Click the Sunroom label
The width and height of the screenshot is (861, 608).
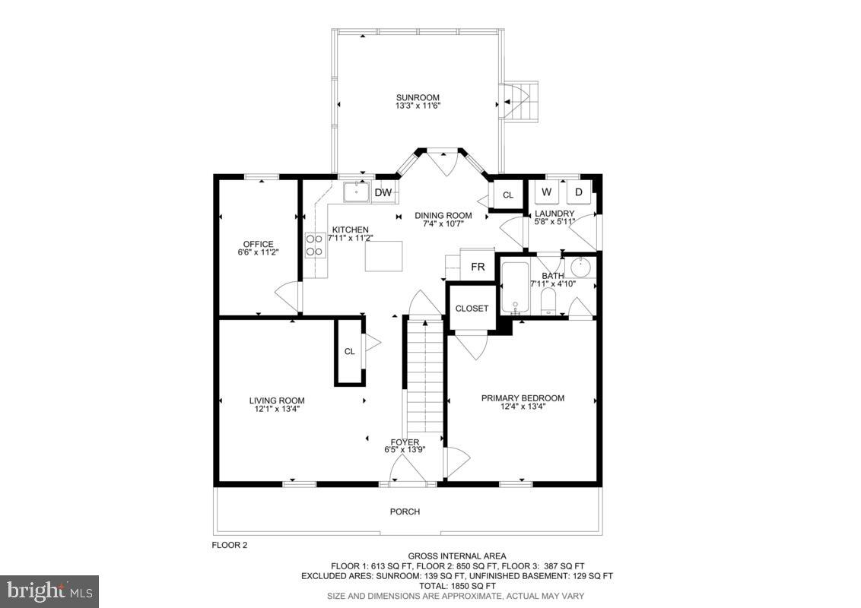pos(418,97)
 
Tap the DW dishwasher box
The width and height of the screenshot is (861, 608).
pos(383,193)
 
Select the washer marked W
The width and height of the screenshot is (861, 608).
pos(546,192)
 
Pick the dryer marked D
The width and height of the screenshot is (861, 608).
pos(578,192)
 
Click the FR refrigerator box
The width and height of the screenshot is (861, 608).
pos(478,267)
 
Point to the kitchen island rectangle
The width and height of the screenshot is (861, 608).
pos(383,255)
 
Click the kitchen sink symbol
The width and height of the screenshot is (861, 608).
pos(355,192)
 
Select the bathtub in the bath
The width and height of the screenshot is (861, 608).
pos(515,287)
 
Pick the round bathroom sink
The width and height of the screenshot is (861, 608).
pos(582,267)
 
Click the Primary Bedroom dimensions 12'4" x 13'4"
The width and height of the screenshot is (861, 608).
pos(523,407)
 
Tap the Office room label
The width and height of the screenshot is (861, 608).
pos(258,244)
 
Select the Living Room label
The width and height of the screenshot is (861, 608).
pos(277,401)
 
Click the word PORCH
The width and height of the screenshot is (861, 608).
pos(405,511)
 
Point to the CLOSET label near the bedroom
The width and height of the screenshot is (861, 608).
pos(472,309)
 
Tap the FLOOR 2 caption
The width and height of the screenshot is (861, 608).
pos(229,545)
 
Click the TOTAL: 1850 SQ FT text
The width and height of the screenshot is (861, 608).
pos(457,586)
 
